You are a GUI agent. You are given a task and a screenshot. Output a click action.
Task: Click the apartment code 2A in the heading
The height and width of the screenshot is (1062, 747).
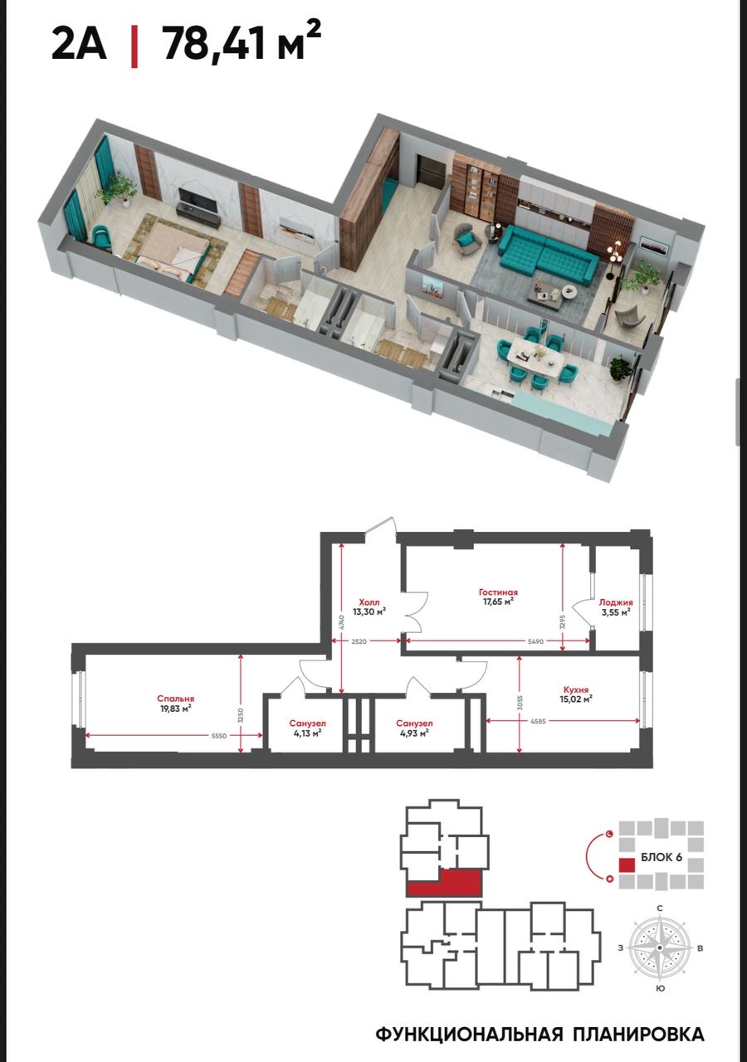pos(79,45)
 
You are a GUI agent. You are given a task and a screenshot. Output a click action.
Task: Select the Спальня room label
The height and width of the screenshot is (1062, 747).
pos(175,699)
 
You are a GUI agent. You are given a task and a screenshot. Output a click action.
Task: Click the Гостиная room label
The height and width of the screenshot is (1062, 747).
pos(498,592)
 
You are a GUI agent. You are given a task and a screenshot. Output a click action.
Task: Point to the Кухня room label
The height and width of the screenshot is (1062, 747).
pos(576,690)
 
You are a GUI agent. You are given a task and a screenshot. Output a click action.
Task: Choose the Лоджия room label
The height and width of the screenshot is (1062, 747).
pos(616,602)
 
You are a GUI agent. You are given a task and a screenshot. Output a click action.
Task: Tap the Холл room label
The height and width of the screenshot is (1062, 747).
pos(369,602)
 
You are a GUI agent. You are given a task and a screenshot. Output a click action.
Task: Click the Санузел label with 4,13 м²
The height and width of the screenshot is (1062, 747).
pos(308,723)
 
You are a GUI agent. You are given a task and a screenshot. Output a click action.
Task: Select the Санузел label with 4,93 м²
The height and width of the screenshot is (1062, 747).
pos(414,723)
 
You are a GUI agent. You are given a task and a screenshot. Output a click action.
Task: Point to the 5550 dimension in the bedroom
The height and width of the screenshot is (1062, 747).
pos(219,736)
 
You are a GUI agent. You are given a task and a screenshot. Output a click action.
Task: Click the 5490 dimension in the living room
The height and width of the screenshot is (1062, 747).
pos(536,641)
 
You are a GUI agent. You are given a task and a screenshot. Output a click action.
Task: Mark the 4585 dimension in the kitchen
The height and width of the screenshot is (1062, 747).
pos(539,722)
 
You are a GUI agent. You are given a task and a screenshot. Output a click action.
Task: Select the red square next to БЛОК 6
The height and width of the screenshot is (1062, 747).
pos(627,865)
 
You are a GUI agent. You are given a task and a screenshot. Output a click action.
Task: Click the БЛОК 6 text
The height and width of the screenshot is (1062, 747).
pos(662,857)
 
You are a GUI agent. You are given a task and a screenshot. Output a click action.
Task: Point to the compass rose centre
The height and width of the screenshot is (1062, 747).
pos(660,948)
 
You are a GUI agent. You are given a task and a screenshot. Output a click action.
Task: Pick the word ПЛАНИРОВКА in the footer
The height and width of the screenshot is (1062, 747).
pos(638,1033)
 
